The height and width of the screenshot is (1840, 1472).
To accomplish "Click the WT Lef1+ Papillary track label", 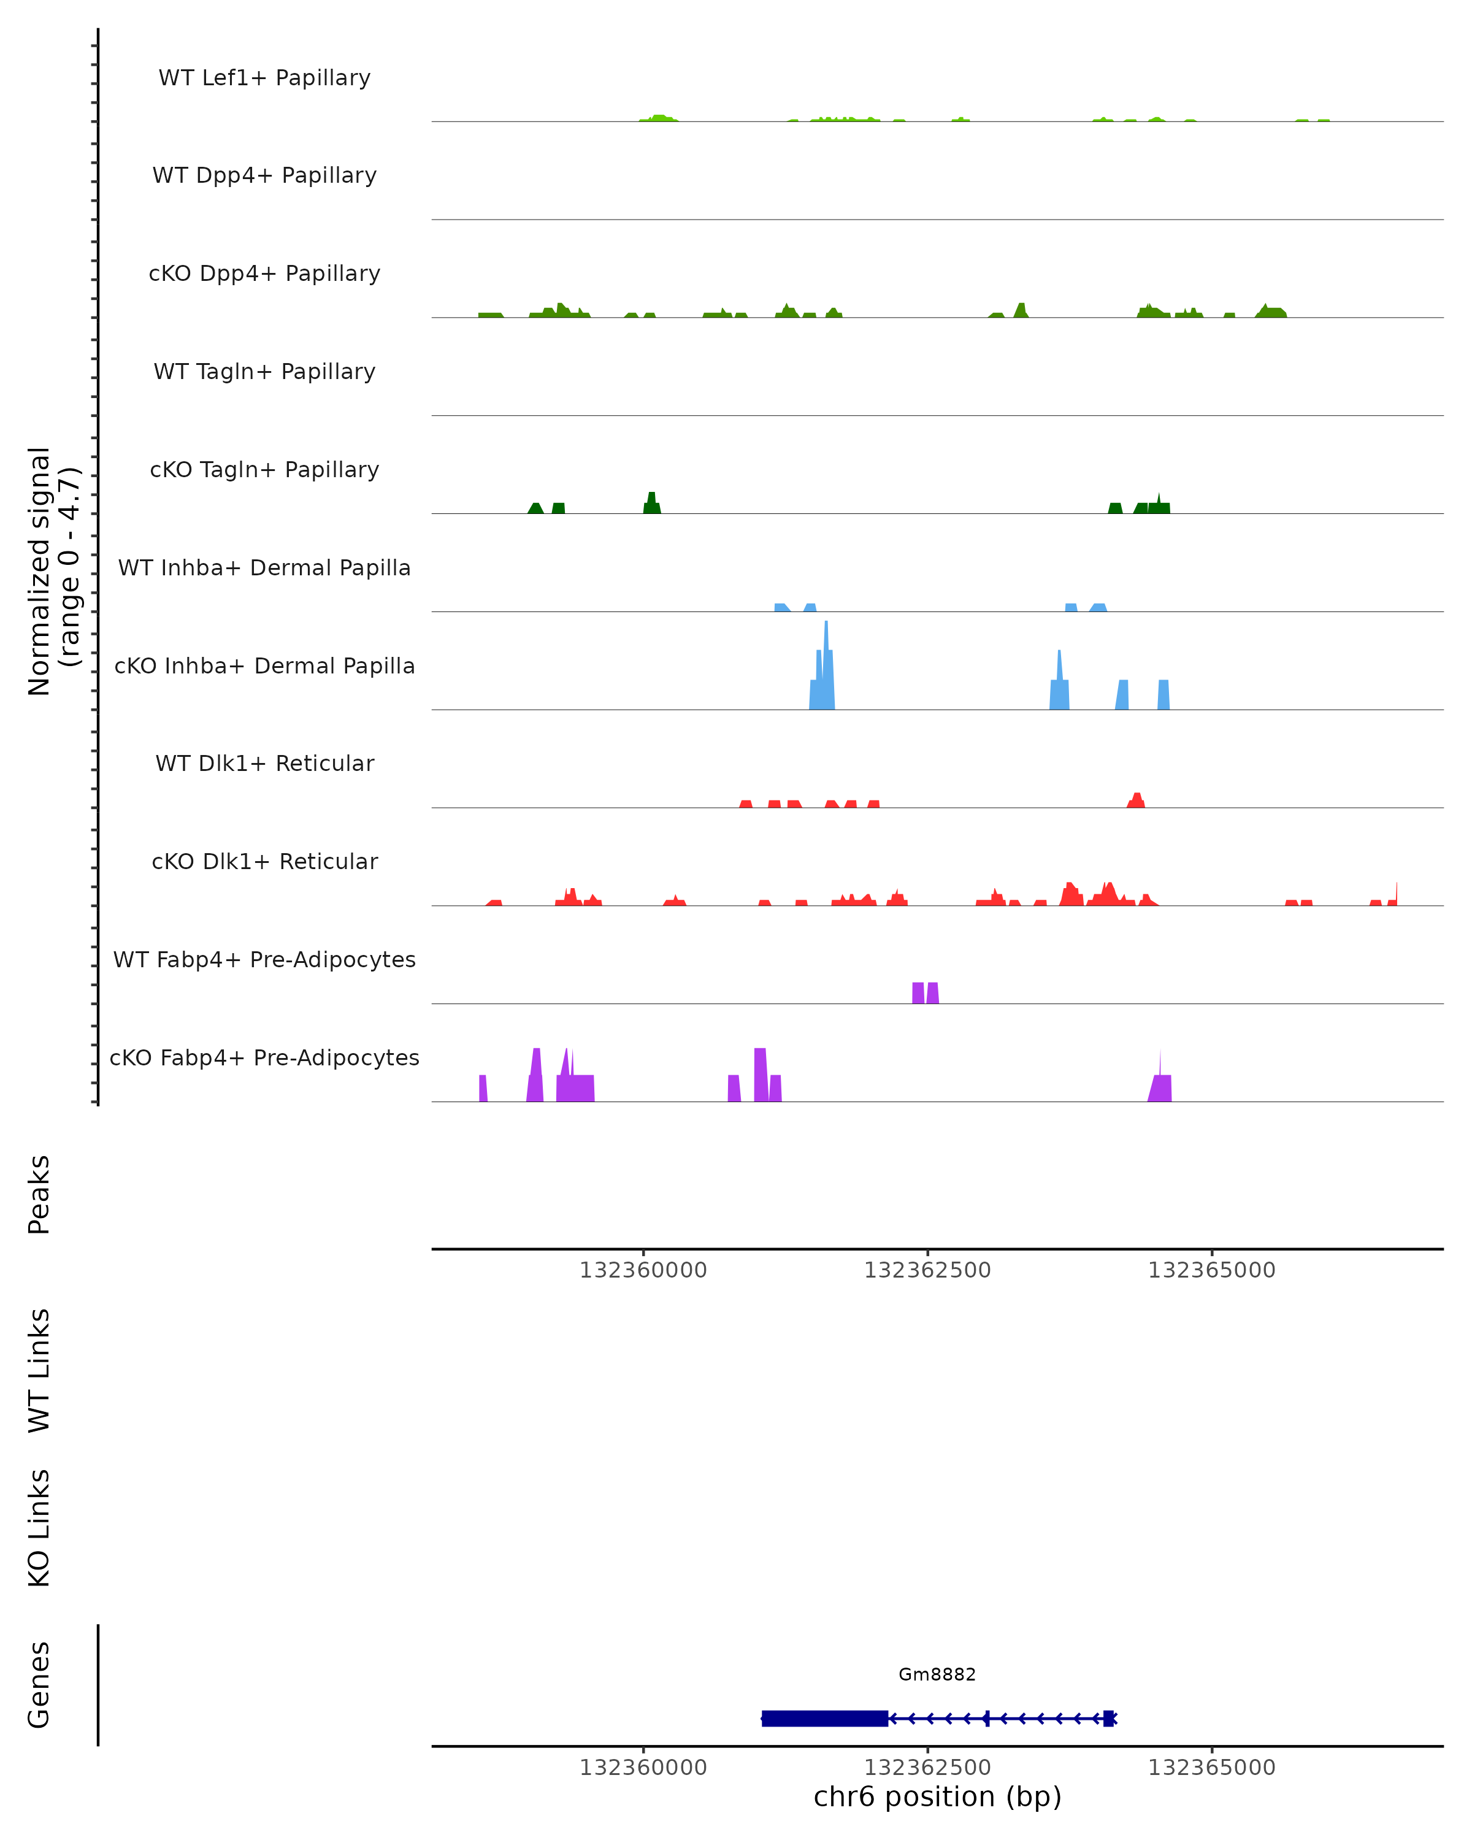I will coord(264,78).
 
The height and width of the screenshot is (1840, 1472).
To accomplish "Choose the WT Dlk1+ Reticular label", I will coord(264,763).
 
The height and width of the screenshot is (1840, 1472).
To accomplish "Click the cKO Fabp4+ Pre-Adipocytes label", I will coord(264,1057).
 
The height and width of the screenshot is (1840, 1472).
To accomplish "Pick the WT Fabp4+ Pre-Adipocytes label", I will coord(264,959).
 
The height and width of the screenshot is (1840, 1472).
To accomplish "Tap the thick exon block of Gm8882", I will coord(824,1718).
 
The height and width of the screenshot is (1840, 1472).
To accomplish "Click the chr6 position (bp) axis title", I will coord(937,1796).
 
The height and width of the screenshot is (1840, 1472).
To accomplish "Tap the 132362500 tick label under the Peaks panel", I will coord(927,1270).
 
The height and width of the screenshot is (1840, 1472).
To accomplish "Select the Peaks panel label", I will coord(39,1194).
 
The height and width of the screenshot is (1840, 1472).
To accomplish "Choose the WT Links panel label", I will coord(39,1370).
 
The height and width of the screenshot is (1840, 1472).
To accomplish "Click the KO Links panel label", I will coord(39,1528).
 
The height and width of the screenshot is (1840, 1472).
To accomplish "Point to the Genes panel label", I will coord(39,1684).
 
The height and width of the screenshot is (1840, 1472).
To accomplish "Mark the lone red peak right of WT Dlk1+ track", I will coord(1136,800).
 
